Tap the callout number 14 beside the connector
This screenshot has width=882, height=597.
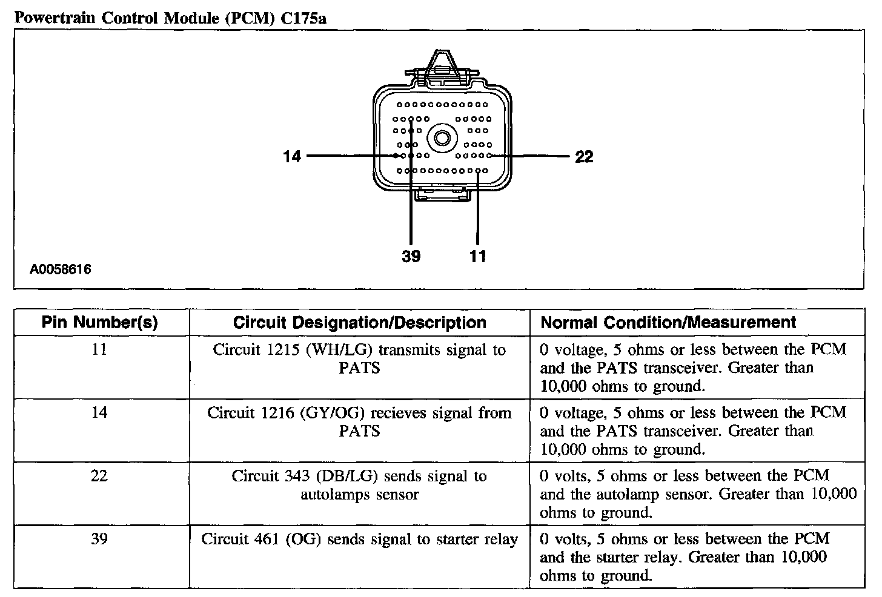click(x=292, y=156)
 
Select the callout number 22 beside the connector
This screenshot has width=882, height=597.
click(x=584, y=157)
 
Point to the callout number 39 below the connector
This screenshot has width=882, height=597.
click(x=411, y=257)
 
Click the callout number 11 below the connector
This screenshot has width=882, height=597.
click(x=478, y=257)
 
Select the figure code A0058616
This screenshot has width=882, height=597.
click(x=61, y=269)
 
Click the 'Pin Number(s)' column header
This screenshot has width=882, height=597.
click(x=100, y=323)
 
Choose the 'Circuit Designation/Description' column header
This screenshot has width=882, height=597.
click(x=360, y=323)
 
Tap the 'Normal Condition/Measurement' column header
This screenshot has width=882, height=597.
click(x=668, y=323)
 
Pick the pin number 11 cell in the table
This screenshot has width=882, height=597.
click(x=99, y=349)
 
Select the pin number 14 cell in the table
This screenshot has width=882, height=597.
click(x=99, y=412)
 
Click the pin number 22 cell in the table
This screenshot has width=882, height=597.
click(x=99, y=476)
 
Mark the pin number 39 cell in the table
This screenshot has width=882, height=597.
click(x=99, y=539)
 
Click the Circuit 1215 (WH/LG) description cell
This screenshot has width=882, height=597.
click(x=360, y=358)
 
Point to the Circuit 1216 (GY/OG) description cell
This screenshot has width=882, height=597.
click(x=360, y=421)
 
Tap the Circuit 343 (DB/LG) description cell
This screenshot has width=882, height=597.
click(x=360, y=485)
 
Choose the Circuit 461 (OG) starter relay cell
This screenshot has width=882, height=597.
click(x=360, y=539)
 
